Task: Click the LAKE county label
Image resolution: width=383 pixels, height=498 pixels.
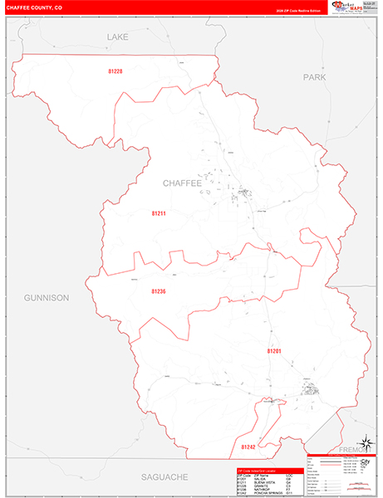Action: (118, 37)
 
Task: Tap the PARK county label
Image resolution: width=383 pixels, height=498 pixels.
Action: (315, 77)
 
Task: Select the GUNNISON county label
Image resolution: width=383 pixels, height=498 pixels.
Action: (47, 297)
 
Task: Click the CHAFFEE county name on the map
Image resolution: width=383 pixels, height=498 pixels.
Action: (182, 183)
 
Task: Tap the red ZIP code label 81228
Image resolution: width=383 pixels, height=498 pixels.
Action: (115, 71)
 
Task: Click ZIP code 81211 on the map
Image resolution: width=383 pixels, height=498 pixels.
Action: (159, 213)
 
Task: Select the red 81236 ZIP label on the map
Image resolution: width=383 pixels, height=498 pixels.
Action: (159, 291)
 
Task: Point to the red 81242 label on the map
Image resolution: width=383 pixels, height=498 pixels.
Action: (248, 447)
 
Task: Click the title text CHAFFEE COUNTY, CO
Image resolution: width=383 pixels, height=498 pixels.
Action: (37, 7)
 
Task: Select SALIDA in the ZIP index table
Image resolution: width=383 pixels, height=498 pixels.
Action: (261, 479)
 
